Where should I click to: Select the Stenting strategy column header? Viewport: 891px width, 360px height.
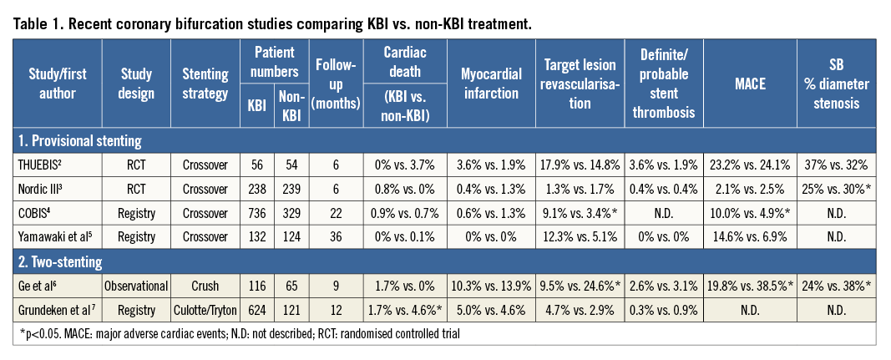[205, 83]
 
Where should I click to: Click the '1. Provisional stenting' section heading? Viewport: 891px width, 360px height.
[78, 141]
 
